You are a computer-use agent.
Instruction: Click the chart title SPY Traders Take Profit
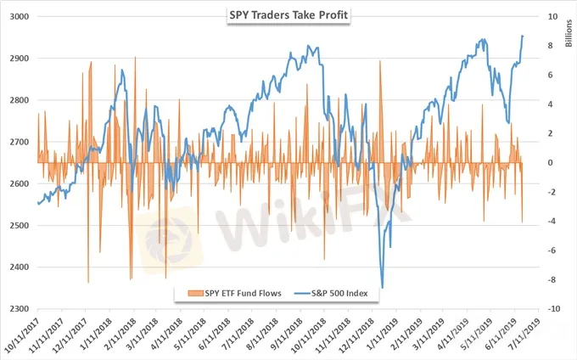[288, 15]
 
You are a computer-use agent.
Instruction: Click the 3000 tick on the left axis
[20, 17]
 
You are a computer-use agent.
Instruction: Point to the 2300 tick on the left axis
[20, 309]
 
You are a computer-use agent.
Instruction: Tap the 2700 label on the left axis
[20, 142]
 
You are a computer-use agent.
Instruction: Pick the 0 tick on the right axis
[552, 163]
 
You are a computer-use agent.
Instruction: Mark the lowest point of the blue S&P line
[383, 288]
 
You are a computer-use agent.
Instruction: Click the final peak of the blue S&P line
[523, 36]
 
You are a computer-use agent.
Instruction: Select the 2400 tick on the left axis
[20, 267]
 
